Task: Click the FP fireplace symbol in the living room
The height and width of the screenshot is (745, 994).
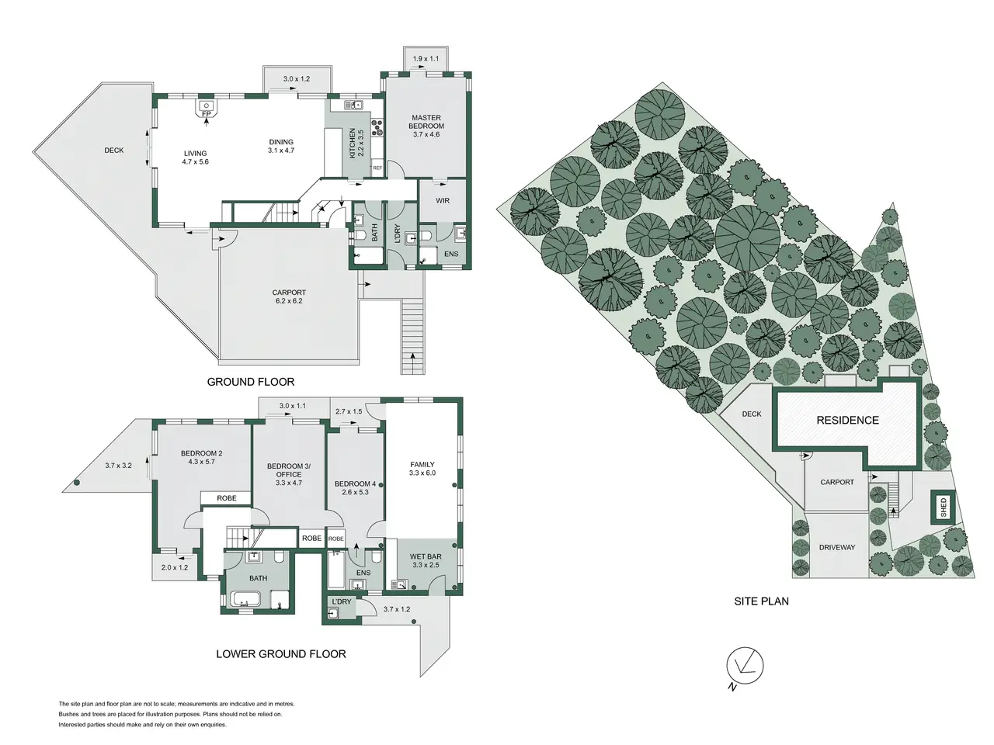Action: (207, 109)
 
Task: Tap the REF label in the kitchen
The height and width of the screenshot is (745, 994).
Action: (377, 168)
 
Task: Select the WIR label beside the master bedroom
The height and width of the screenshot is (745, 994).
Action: (443, 200)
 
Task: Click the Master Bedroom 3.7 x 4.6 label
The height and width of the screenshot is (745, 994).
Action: (426, 126)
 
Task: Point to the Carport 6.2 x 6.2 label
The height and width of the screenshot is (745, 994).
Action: (289, 296)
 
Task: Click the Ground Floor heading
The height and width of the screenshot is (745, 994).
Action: (250, 382)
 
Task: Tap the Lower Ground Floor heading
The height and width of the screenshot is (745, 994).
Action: (281, 653)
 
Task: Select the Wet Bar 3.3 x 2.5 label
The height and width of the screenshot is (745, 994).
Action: (426, 560)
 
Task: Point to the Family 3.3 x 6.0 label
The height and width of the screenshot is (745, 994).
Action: (422, 469)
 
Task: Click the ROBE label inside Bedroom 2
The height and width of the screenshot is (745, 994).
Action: (227, 498)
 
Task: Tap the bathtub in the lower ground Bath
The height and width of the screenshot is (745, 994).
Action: (245, 599)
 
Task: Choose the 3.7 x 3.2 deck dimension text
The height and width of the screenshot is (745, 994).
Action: (118, 465)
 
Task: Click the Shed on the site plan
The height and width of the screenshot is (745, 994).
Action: (944, 507)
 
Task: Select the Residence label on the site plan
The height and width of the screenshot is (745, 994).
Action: (847, 420)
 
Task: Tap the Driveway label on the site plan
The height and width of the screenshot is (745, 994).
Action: (837, 547)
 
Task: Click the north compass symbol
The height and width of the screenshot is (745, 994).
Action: (745, 667)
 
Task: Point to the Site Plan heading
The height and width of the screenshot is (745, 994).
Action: (761, 601)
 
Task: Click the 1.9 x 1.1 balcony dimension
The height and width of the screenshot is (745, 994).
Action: (426, 58)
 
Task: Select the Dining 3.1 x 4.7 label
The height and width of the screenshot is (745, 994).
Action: (281, 146)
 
